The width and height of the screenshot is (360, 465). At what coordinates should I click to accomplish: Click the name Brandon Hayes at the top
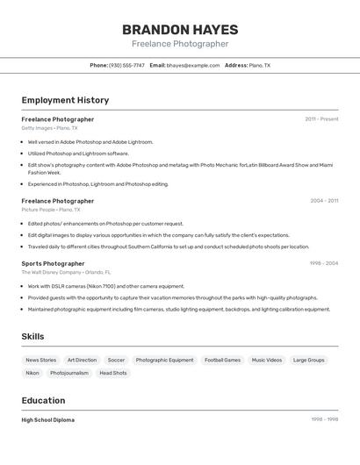180,30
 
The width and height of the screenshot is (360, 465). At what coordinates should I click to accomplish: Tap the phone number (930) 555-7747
126,65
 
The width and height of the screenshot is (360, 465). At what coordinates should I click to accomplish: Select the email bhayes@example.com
193,65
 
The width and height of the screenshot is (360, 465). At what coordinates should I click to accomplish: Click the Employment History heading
65,100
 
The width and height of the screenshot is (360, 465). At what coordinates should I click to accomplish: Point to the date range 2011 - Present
321,119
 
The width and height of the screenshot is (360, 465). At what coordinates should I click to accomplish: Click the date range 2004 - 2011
324,201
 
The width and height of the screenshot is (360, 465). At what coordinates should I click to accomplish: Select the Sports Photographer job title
53,263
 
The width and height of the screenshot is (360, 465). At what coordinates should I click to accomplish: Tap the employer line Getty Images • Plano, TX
49,128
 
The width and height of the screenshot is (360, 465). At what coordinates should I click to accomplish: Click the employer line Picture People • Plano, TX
50,210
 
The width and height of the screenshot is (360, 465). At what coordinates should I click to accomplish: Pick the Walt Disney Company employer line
66,272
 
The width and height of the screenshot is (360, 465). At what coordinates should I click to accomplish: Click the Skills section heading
32,336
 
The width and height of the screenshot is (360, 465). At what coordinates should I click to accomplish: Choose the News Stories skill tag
40,360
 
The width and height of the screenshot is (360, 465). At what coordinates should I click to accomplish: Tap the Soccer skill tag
116,360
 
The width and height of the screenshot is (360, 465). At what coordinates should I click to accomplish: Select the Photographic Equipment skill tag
164,360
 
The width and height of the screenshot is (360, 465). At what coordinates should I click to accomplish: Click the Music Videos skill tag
267,360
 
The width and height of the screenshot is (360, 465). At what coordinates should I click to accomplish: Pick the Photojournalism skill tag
69,373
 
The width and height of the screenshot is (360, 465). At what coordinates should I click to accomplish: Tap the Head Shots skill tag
113,373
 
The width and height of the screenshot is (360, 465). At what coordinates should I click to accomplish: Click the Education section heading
43,401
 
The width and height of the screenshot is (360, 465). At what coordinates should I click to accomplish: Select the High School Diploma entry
47,420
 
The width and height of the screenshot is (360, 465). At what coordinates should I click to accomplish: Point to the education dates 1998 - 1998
324,419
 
